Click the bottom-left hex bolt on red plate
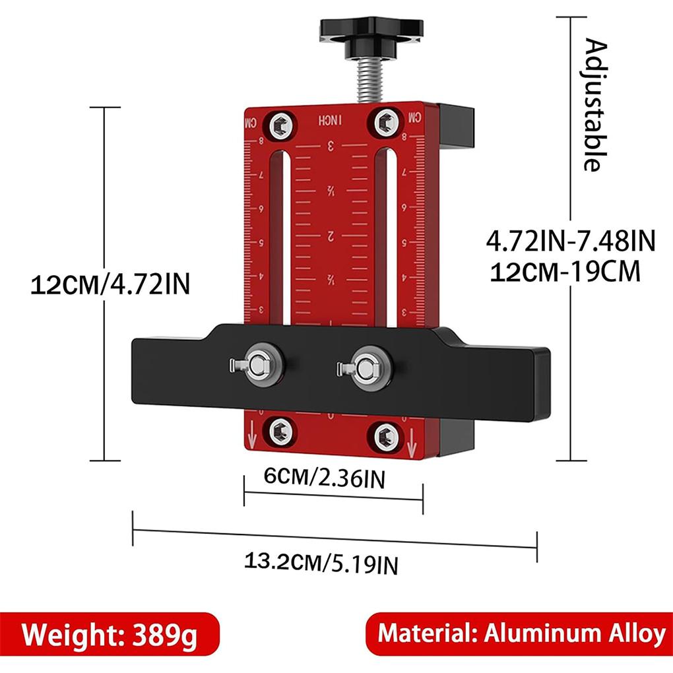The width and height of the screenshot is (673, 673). (x=279, y=432)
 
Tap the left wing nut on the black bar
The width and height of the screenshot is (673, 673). (x=259, y=364)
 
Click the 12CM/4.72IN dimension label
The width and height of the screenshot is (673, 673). (x=110, y=285)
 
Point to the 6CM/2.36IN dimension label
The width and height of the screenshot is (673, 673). (x=324, y=478)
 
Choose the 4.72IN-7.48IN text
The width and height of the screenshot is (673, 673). (x=570, y=241)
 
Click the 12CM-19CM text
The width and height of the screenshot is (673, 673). (x=565, y=271)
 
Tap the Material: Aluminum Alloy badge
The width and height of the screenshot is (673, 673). (x=520, y=634)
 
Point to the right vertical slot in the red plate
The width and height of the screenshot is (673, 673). (x=389, y=238)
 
